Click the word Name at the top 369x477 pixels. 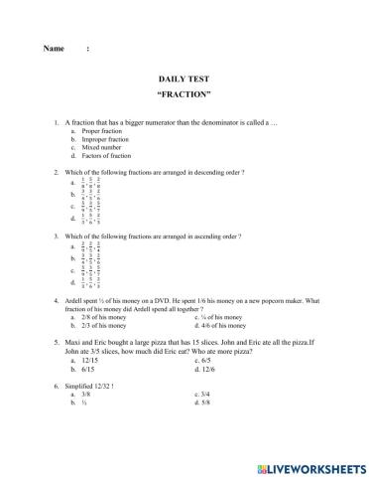tap(55, 49)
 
